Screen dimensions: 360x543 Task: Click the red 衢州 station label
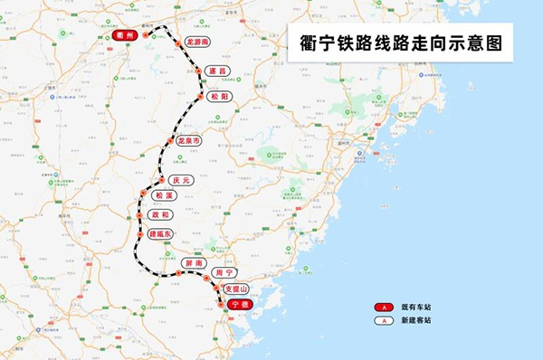click(x=124, y=34)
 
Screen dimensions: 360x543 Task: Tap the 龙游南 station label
click(x=196, y=42)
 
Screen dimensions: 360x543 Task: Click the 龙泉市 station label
click(x=188, y=141)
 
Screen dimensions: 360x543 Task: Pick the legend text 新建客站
click(x=416, y=320)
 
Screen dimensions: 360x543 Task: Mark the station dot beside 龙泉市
click(x=169, y=141)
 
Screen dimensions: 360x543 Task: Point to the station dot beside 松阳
click(x=200, y=96)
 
